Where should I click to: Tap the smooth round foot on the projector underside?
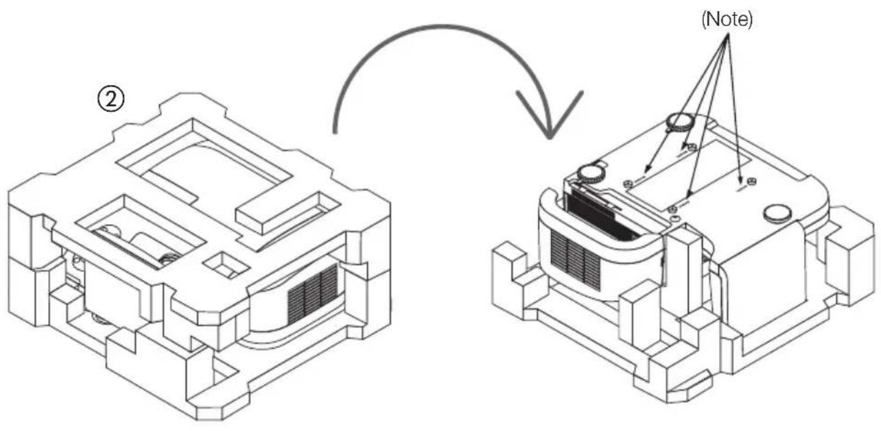click(778, 213)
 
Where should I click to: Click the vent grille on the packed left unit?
click(312, 293)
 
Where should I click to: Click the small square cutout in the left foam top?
click(224, 264)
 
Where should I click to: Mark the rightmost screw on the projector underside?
click(751, 181)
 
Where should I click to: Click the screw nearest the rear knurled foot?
click(692, 147)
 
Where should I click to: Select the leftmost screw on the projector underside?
click(628, 183)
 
